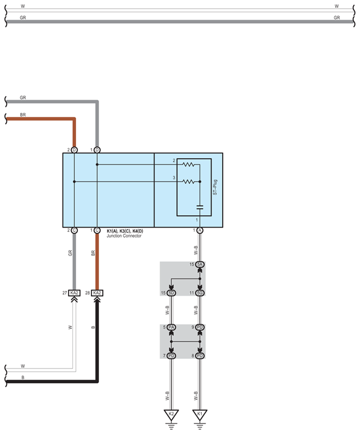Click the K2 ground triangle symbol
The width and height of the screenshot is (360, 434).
171,415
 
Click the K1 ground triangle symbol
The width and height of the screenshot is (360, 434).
200,415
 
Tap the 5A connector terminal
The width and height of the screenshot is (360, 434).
200,265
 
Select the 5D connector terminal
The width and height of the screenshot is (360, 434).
171,293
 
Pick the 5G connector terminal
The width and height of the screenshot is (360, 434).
200,293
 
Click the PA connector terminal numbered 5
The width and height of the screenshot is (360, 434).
171,327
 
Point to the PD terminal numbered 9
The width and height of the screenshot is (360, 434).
200,327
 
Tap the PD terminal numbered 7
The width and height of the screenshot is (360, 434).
171,356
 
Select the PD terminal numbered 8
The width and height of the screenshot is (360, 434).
200,356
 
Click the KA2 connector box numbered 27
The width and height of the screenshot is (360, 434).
74,293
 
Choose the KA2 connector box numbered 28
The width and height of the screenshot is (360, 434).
97,293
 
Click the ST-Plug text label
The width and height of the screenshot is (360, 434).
215,187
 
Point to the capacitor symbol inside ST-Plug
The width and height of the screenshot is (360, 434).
200,207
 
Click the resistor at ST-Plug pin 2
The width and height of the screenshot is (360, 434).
189,165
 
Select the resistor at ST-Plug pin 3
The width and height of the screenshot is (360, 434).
189,182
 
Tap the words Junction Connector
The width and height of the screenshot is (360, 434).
124,236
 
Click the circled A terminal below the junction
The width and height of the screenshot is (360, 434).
200,230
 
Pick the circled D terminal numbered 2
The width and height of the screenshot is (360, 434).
74,150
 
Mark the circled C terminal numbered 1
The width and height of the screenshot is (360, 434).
97,230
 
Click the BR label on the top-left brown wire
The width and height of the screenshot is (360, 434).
23,115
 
